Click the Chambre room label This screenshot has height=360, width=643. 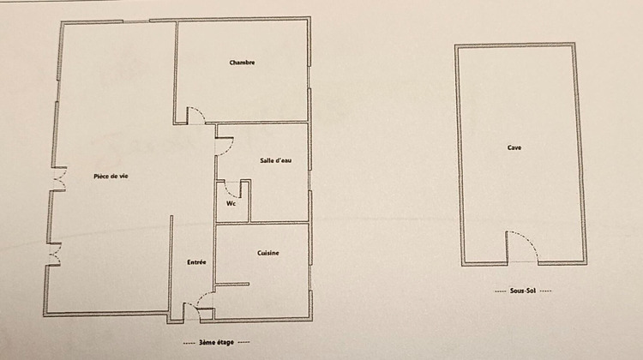coord(243,63)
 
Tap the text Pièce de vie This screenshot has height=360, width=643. coord(111,177)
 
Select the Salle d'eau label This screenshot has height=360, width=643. coord(276,160)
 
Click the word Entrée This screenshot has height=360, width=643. coord(196,261)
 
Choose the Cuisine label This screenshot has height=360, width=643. coord(268,253)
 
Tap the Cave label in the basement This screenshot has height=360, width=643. coord(514,147)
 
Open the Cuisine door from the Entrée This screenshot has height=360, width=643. coord(206,297)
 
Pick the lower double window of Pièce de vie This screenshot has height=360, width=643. coord(54,255)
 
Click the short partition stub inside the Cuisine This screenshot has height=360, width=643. coord(231,284)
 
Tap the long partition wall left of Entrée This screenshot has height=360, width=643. coord(171,266)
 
